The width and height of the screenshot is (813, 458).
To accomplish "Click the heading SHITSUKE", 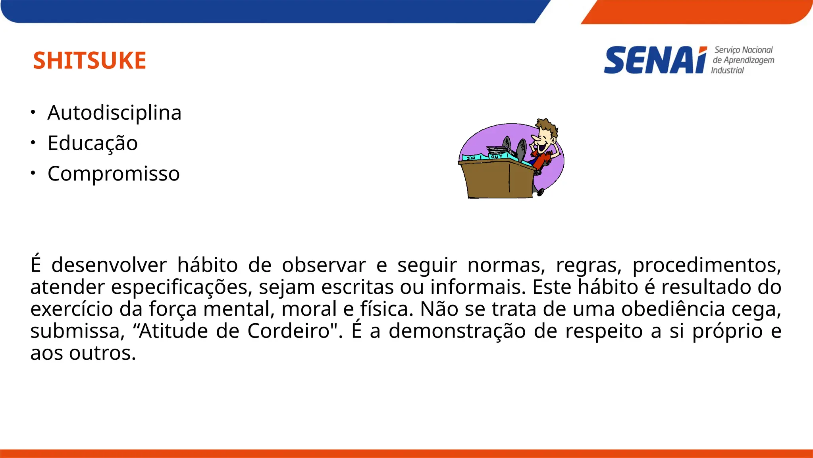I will [89, 60].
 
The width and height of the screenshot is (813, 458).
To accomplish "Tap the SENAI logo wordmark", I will [655, 60].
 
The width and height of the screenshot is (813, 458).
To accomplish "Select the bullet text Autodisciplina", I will [114, 113].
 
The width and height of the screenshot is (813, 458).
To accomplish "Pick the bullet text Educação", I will [92, 143].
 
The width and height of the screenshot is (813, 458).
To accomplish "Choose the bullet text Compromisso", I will [114, 174].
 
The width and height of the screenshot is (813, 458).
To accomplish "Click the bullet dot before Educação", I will [33, 142].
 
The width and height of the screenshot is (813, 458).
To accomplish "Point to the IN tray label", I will [471, 158].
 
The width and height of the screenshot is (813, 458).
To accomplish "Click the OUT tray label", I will [496, 157].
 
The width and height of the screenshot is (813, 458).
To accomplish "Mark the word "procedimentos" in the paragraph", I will [707, 265].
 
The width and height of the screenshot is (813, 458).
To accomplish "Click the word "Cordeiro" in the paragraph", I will [289, 331].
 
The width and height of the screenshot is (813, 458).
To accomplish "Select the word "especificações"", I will [181, 287].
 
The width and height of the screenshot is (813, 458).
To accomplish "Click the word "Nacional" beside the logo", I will [757, 50].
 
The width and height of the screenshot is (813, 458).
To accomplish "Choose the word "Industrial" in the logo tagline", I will [727, 70].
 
